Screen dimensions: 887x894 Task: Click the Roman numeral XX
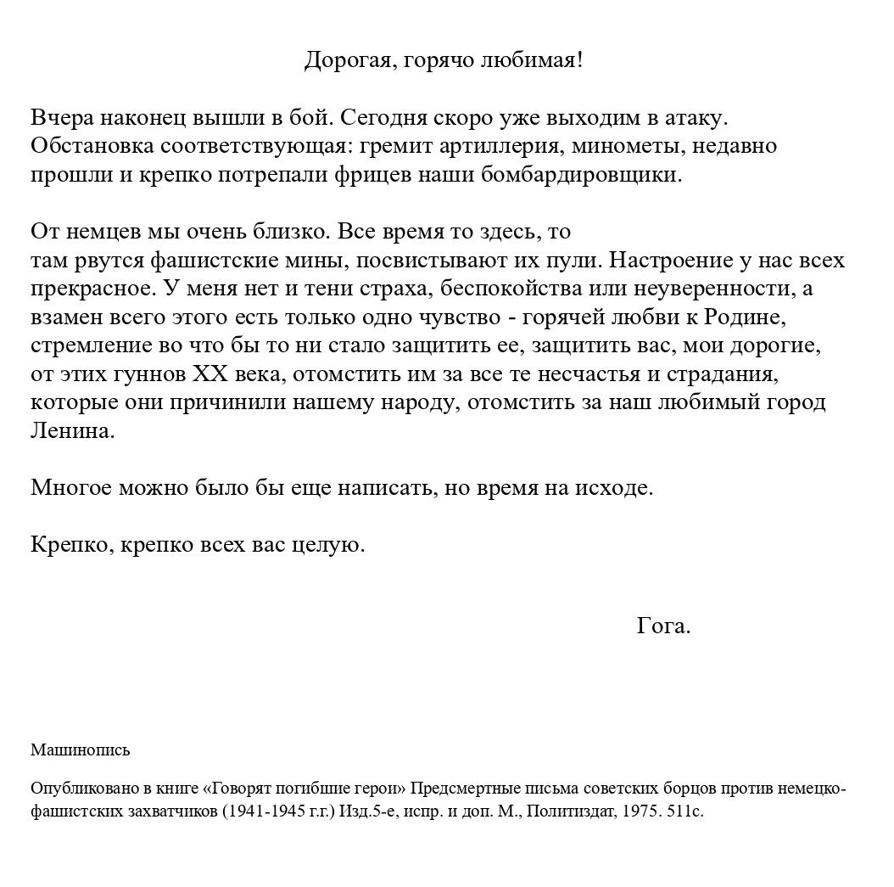[x=210, y=374]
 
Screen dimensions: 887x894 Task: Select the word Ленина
[x=72, y=431]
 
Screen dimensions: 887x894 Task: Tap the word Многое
[x=71, y=488]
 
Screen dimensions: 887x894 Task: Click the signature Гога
[x=663, y=626]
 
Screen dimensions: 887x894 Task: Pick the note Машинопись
[x=81, y=750]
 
